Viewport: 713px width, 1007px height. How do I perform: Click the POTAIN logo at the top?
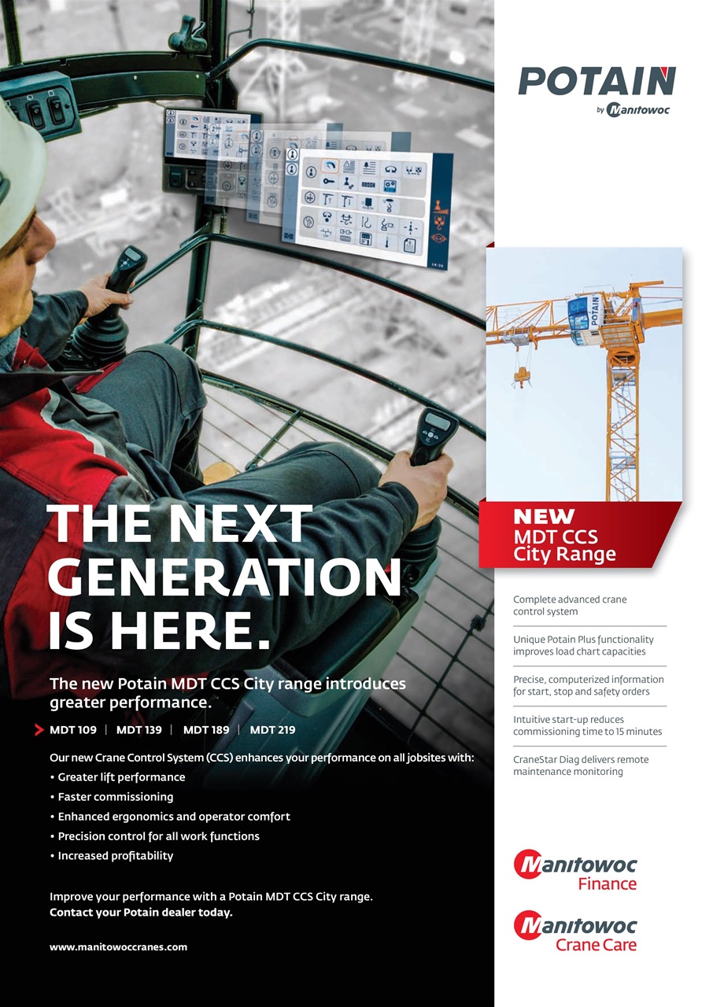point(596,82)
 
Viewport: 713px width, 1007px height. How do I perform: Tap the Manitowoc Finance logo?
point(575,871)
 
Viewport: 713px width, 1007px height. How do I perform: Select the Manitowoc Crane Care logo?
point(575,931)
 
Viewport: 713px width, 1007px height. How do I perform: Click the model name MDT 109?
point(73,730)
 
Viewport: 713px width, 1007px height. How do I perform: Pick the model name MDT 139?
point(139,730)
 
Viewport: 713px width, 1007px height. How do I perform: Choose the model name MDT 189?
point(206,730)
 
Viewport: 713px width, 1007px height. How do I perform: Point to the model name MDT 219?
point(272,730)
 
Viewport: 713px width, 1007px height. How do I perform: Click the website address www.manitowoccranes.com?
point(118,947)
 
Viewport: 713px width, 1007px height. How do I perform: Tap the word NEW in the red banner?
point(544,517)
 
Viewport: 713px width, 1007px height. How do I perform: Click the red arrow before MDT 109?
point(39,730)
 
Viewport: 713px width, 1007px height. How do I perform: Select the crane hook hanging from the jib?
point(521,378)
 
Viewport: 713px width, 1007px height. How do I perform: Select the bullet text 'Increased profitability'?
point(115,856)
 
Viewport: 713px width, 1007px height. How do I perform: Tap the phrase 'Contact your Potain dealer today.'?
point(141,913)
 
